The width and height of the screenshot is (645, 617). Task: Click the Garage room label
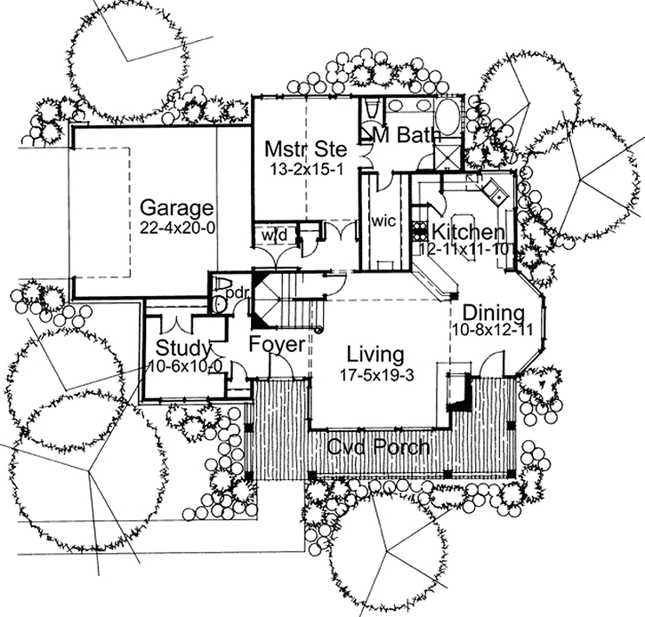(x=177, y=209)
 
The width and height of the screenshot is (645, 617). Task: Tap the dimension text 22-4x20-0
(x=177, y=227)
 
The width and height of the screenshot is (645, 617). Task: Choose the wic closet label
(x=383, y=220)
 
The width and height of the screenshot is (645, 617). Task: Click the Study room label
(x=183, y=348)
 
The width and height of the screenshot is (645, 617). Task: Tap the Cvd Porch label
(x=377, y=445)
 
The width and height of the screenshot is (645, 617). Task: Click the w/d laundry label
(x=272, y=236)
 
